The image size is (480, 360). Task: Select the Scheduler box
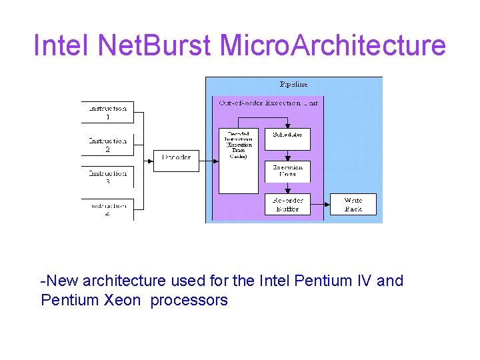(x=287, y=138)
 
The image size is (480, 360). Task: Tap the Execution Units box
(x=287, y=171)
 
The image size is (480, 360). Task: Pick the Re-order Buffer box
(x=287, y=204)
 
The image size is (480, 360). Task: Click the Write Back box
(x=353, y=204)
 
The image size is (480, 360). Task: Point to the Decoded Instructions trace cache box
(x=239, y=160)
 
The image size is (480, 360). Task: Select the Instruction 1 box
(x=107, y=112)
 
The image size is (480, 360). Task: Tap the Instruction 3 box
(x=107, y=177)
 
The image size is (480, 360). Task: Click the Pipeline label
(x=293, y=85)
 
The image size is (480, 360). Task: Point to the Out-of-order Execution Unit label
(x=269, y=103)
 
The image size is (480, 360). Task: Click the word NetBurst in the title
(x=155, y=45)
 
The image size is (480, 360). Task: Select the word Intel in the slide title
(x=61, y=45)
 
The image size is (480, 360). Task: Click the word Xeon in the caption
(x=123, y=300)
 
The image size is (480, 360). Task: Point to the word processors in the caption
(x=189, y=300)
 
